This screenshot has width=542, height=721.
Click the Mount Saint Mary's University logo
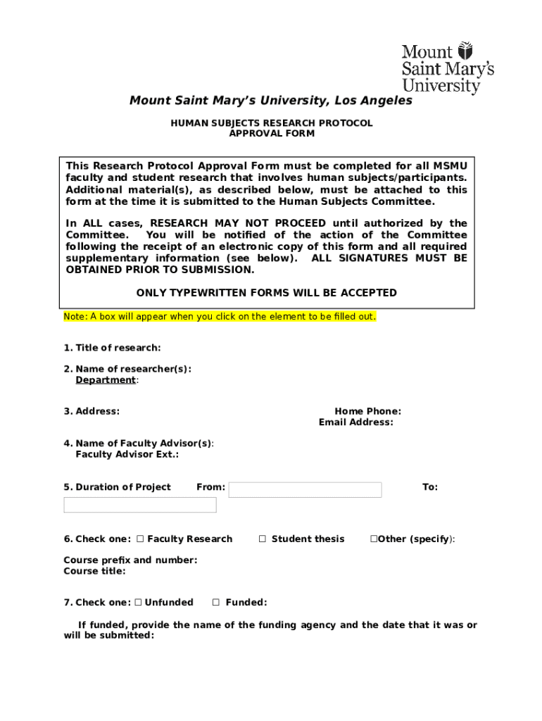(x=447, y=68)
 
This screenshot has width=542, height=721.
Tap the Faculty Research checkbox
(x=140, y=539)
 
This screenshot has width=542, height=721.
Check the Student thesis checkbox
(x=262, y=539)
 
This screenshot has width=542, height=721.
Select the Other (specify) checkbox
(x=374, y=539)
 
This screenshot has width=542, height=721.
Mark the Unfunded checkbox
(x=138, y=603)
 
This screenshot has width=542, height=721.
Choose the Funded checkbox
(x=216, y=603)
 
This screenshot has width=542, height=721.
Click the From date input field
(x=305, y=490)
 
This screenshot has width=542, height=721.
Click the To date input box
(x=139, y=505)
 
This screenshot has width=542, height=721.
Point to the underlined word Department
(x=106, y=380)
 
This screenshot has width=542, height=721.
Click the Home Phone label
(x=367, y=411)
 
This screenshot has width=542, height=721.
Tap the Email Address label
(x=355, y=422)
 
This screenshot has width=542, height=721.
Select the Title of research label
(x=112, y=348)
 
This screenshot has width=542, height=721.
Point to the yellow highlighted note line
(x=220, y=317)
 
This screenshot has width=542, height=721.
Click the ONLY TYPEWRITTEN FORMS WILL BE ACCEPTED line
(x=266, y=293)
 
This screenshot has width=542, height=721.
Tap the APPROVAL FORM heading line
(x=272, y=133)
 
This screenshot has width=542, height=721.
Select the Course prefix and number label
(x=130, y=560)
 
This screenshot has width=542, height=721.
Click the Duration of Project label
(x=117, y=487)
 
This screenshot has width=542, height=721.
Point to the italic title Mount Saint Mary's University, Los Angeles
(x=271, y=101)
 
